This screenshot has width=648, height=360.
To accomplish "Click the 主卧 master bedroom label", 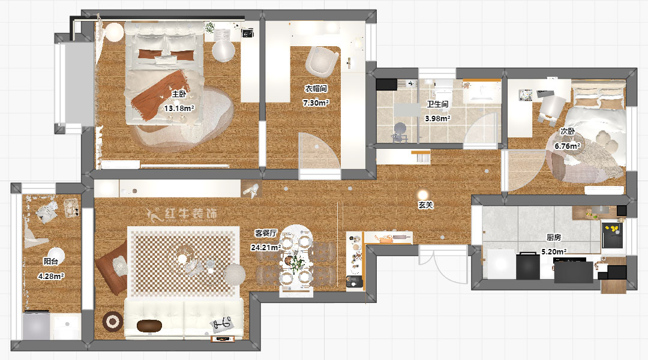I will click(x=179, y=94).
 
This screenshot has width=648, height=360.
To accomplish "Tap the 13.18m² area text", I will click(x=179, y=109).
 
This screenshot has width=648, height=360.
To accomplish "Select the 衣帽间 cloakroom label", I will click(x=316, y=89).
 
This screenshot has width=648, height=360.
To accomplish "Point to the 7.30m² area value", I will click(x=316, y=103).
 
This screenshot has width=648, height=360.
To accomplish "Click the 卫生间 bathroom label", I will click(x=437, y=104).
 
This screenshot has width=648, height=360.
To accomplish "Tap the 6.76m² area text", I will click(x=567, y=146).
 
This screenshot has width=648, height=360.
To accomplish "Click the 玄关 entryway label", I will click(x=425, y=205).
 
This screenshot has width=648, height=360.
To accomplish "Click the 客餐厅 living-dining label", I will click(x=265, y=232).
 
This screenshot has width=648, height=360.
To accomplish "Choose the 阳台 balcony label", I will click(x=51, y=262).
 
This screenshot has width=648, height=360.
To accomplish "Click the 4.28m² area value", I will click(x=50, y=276).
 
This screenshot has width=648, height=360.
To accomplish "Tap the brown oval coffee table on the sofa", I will click(x=149, y=325).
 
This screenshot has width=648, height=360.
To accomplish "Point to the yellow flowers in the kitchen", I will click(x=613, y=229).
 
